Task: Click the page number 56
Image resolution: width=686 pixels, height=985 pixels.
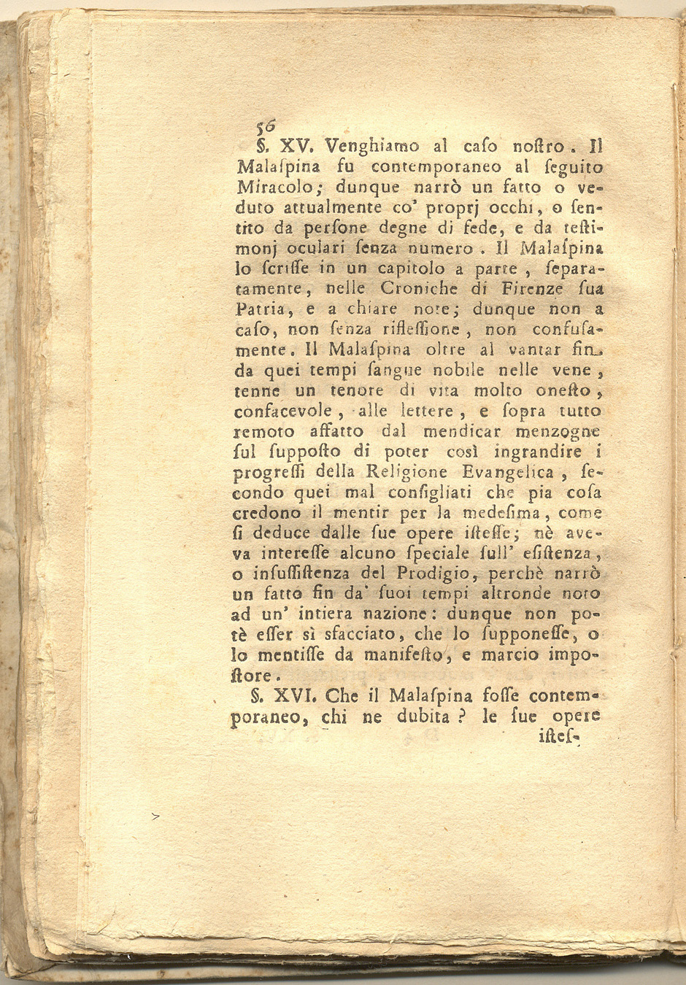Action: (261, 125)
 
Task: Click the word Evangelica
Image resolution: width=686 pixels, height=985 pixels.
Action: (502, 472)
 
